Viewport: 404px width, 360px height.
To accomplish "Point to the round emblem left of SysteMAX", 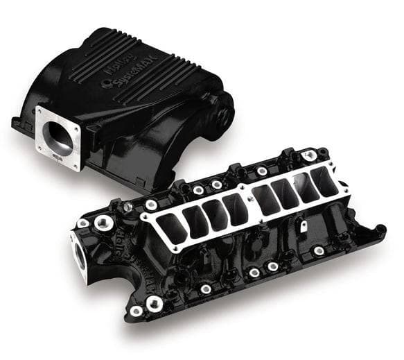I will click(x=106, y=84).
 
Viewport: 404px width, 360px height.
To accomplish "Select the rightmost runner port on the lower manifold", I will click(x=322, y=182).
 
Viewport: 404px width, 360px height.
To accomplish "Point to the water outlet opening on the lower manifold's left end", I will click(x=78, y=257).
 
